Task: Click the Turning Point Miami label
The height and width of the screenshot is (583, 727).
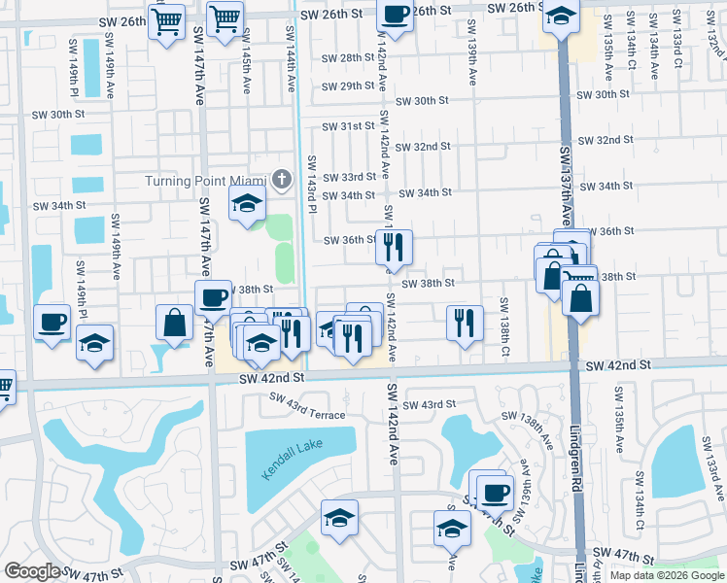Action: pyautogui.click(x=206, y=181)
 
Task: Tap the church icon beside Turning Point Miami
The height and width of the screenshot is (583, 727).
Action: pyautogui.click(x=281, y=179)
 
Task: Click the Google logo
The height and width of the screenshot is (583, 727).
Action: pyautogui.click(x=32, y=571)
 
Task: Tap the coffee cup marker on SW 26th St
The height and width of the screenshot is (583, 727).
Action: pyautogui.click(x=395, y=16)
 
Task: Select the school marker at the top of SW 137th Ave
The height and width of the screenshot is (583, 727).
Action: pyautogui.click(x=561, y=17)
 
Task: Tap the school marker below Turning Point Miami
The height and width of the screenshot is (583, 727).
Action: pyautogui.click(x=247, y=204)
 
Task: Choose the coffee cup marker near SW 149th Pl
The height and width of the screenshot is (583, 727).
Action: pyautogui.click(x=52, y=322)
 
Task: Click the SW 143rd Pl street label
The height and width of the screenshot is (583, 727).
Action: pyautogui.click(x=312, y=180)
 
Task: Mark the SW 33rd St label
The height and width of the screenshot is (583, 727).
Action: pyautogui.click(x=350, y=177)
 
